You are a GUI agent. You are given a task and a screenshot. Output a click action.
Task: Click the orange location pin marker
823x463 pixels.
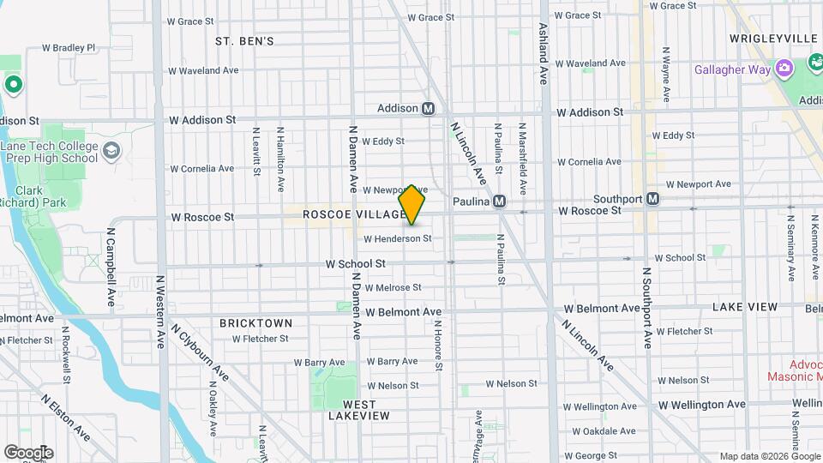point(412,205)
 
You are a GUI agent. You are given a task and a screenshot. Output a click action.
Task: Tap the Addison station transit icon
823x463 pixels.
point(429,109)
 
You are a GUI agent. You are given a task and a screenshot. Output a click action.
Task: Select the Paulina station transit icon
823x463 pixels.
point(499,201)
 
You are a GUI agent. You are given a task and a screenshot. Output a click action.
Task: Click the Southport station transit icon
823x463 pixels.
point(652,199)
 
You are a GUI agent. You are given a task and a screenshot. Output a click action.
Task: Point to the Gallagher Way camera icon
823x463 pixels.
point(783,69)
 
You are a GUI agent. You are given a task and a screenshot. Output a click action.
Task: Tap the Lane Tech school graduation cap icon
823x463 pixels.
point(111,152)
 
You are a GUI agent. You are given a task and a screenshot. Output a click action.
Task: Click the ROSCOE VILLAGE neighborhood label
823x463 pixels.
point(353,214)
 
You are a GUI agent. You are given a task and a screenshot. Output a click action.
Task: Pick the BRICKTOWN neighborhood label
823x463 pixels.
point(255,323)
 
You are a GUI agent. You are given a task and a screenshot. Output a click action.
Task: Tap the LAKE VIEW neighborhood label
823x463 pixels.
point(745,307)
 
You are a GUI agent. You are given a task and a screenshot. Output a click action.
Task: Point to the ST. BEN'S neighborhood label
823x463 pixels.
point(244,41)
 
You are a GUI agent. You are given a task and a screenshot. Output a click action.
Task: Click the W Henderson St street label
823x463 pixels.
point(397,238)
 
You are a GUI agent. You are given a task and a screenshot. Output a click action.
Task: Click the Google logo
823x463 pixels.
point(28,452)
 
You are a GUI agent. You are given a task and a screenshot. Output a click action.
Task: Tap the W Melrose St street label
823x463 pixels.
point(393,288)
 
